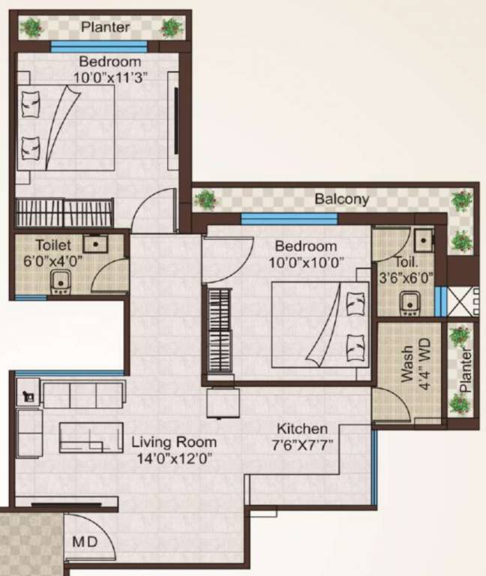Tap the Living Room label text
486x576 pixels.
pyautogui.click(x=174, y=442)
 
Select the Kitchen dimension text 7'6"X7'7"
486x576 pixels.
pyautogui.click(x=301, y=443)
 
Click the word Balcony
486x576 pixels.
pyautogui.click(x=341, y=199)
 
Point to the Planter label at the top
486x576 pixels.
pyautogui.click(x=106, y=28)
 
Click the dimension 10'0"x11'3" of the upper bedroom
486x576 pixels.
pyautogui.click(x=110, y=76)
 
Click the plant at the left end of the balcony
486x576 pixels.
pyautogui.click(x=205, y=199)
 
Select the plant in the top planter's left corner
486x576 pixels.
pyautogui.click(x=31, y=28)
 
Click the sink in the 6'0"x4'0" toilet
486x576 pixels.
pyautogui.click(x=95, y=242)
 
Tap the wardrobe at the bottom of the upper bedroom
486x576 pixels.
pyautogui.click(x=64, y=213)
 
